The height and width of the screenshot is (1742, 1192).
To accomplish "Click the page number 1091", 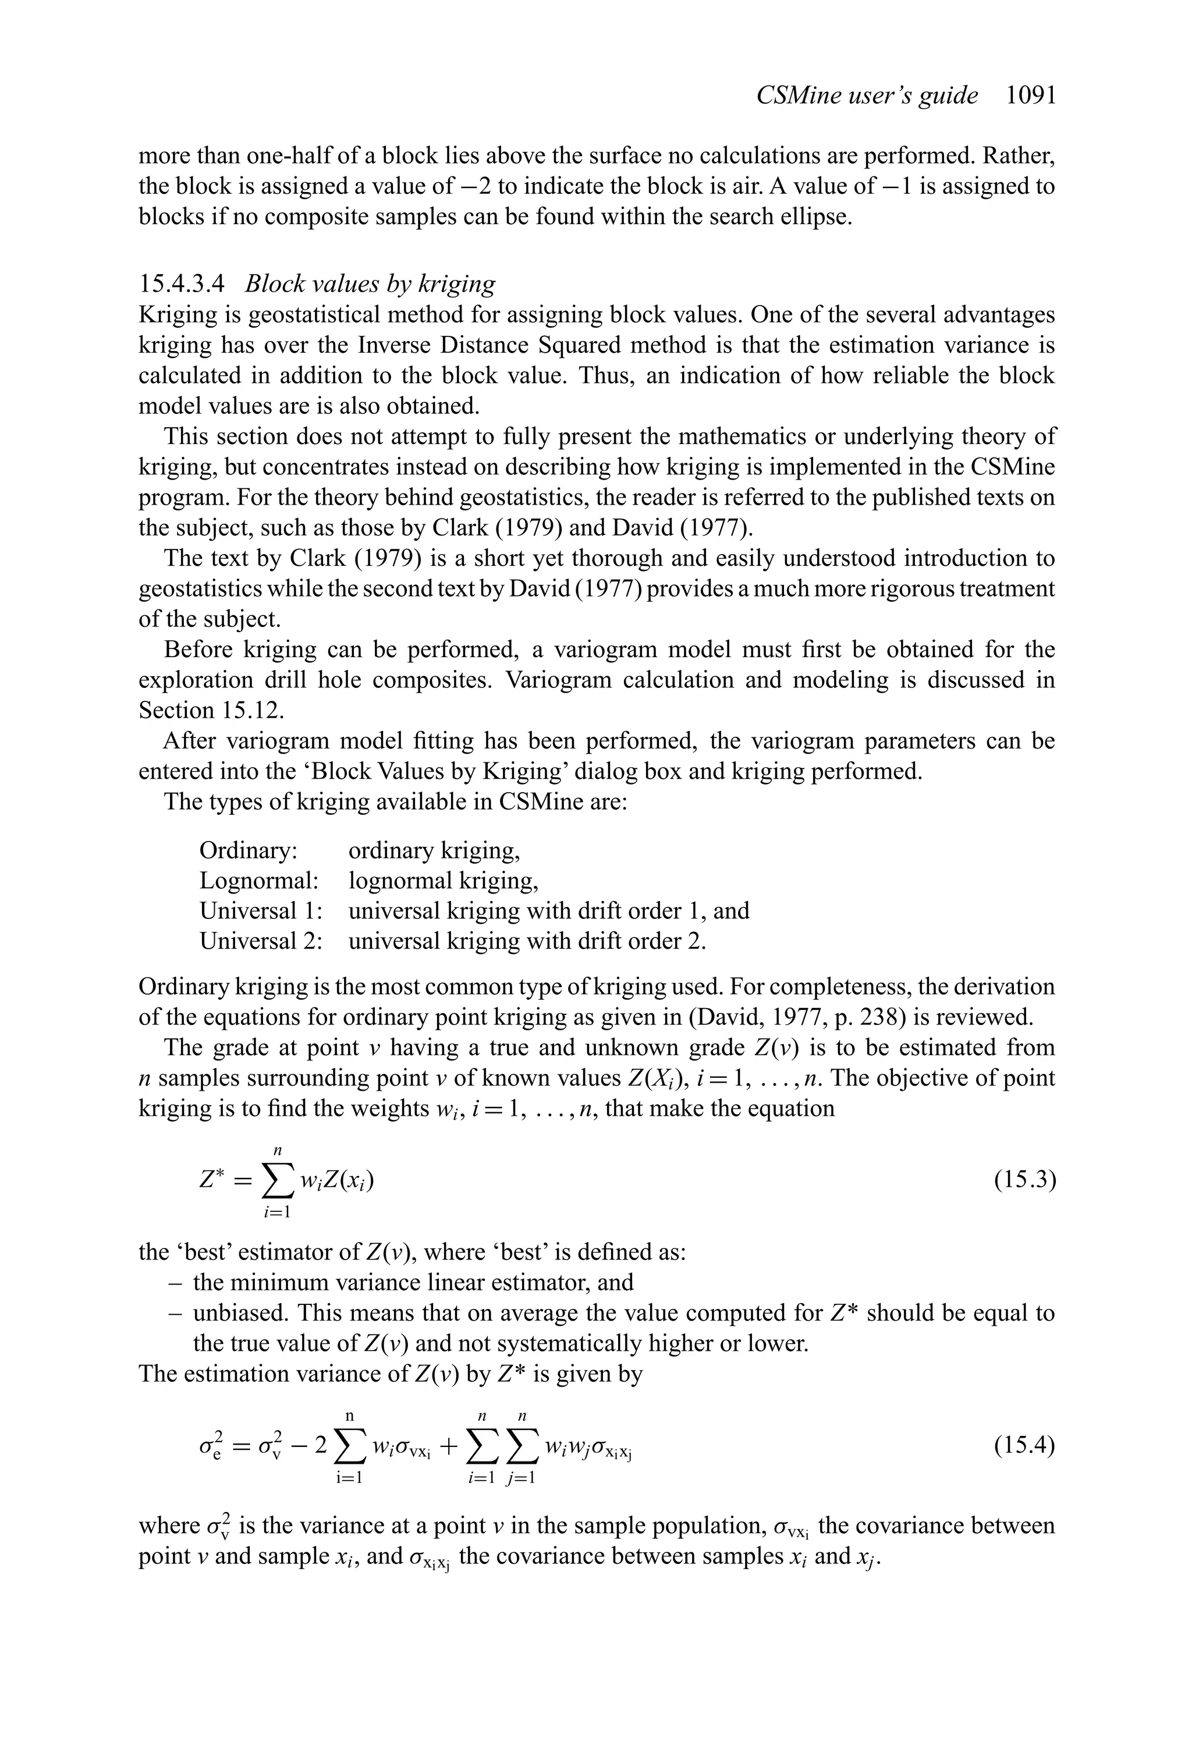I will click(1030, 95).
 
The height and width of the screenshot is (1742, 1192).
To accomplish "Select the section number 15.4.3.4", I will click(182, 284).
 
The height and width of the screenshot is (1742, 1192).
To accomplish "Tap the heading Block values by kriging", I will click(370, 284).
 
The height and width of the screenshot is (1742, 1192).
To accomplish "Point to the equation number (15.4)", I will click(1024, 1445).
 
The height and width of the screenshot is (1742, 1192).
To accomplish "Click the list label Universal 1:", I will click(260, 911).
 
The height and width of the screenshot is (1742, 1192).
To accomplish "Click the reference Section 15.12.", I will click(211, 711).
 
